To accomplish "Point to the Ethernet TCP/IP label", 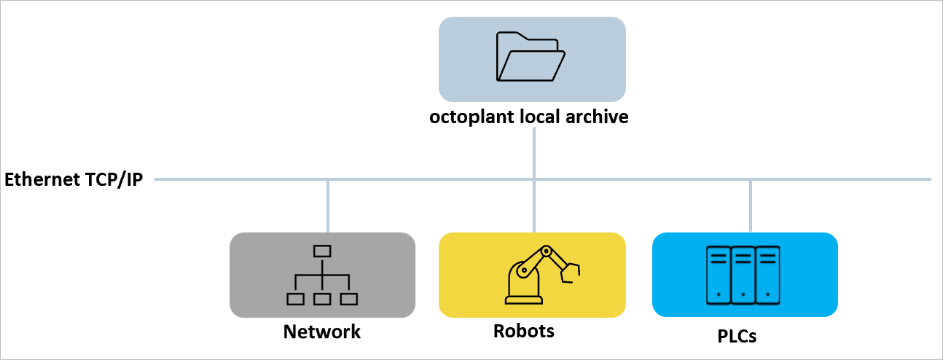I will [x=74, y=180].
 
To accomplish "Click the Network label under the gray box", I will [x=321, y=332].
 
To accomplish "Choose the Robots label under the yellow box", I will [x=523, y=331].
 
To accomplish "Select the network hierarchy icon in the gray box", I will [x=322, y=275].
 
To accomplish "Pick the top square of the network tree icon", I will [x=322, y=251].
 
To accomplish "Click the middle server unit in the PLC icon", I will [x=743, y=275].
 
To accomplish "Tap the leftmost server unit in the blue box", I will [x=719, y=275].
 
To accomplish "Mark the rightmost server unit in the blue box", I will [x=767, y=275].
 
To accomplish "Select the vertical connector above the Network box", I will [x=328, y=206].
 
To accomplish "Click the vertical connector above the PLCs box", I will [x=750, y=206].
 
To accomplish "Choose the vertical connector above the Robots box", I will [x=534, y=206].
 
